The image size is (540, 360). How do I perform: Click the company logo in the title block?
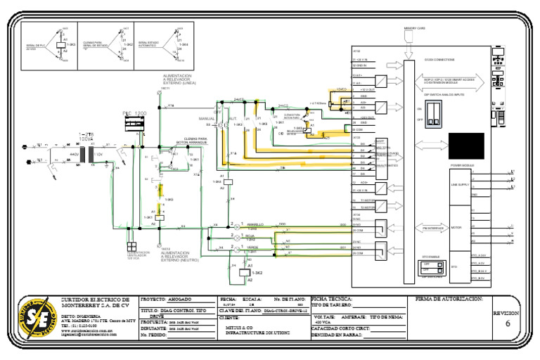click(x=39, y=318)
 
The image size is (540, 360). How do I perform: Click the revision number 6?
click(x=508, y=324)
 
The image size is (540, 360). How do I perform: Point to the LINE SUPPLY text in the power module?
click(x=459, y=184)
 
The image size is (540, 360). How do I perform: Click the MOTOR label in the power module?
click(x=456, y=228)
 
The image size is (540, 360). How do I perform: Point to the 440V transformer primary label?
click(x=73, y=153)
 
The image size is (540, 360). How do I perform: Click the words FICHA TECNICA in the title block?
click(x=333, y=299)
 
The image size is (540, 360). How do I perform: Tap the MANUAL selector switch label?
click(x=207, y=119)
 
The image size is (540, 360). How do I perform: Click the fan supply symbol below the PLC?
click(x=131, y=247)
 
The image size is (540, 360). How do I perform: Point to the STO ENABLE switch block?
click(x=430, y=266)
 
